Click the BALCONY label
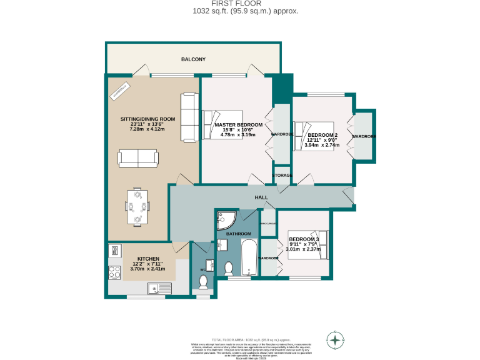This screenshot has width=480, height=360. [193, 59]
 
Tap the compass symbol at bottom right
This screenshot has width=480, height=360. [336, 341]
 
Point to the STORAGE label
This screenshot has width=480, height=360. [282, 176]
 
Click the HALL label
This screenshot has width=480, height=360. [261, 197]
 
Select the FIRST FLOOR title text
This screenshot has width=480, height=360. [240, 4]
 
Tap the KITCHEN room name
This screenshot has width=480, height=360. [148, 259]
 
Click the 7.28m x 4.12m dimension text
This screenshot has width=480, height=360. [147, 129]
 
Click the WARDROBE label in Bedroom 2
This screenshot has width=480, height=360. [363, 136]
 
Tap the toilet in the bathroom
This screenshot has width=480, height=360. [229, 268]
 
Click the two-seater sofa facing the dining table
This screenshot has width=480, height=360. [138, 158]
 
